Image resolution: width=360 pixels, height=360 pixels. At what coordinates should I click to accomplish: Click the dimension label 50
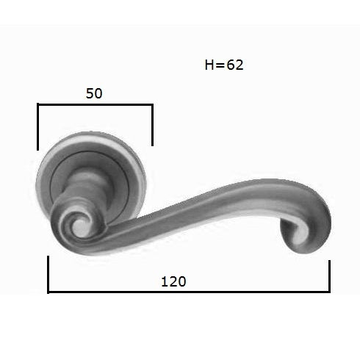pyautogui.click(x=94, y=93)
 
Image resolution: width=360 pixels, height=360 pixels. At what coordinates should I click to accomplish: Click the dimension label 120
pyautogui.click(x=173, y=281)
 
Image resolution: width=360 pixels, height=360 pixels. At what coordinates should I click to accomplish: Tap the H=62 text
pyautogui.click(x=224, y=65)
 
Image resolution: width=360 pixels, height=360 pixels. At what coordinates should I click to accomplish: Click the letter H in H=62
pyautogui.click(x=209, y=65)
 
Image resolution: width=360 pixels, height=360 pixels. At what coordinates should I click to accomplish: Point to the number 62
pyautogui.click(x=235, y=65)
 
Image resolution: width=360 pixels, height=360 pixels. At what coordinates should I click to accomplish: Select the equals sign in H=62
pyautogui.click(x=220, y=65)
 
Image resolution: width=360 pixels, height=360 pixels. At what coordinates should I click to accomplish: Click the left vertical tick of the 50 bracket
pyautogui.click(x=37, y=127)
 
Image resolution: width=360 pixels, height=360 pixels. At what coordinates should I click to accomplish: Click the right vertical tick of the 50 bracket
pyautogui.click(x=152, y=125)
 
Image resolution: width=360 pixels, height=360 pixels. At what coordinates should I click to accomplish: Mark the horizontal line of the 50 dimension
pyautogui.click(x=95, y=105)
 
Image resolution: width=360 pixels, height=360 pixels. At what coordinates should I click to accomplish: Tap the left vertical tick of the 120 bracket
pyautogui.click(x=48, y=274)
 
